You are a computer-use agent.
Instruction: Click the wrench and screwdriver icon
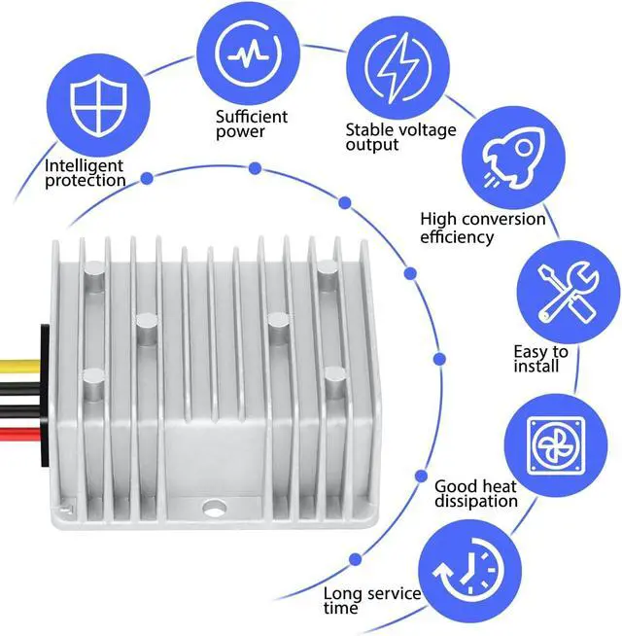pos(566,289)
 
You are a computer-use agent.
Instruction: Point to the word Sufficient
pos(251,117)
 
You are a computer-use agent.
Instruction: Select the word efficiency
pos(457,236)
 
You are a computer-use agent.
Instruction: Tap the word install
pos(536,367)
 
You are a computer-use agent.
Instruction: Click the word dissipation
pos(475,502)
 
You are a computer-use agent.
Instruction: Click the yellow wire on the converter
pos(19,367)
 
